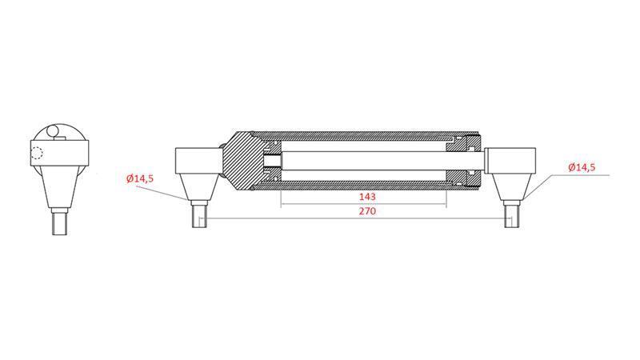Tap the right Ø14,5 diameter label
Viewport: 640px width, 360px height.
[581, 167]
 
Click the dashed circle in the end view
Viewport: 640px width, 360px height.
[35, 154]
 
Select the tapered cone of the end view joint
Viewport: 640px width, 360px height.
[60, 188]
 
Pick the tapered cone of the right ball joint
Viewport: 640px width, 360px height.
[512, 189]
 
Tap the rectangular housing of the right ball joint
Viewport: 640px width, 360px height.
[512, 160]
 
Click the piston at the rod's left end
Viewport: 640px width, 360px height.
[273, 162]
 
